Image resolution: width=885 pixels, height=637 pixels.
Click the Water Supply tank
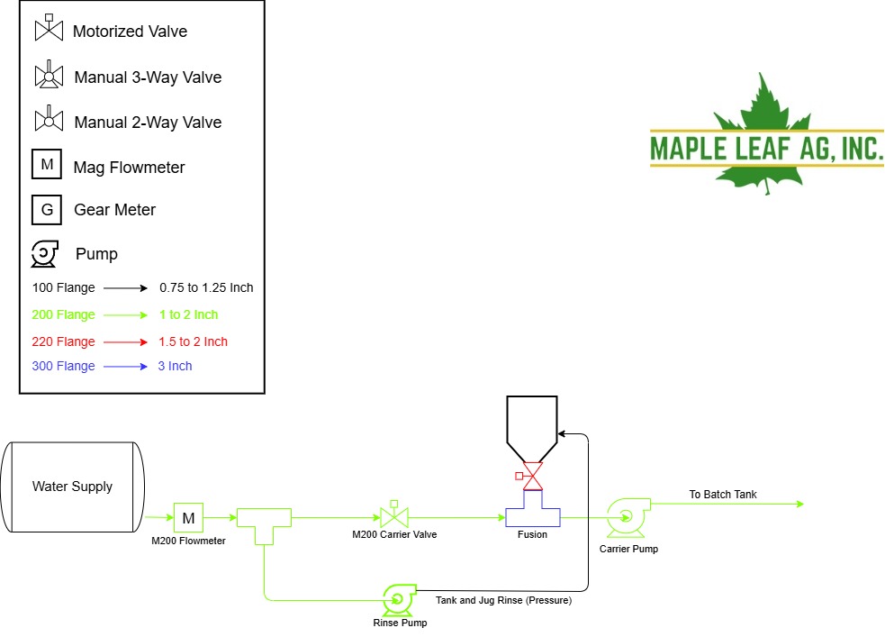tap(72, 487)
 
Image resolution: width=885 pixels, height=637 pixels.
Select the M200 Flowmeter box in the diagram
tap(188, 517)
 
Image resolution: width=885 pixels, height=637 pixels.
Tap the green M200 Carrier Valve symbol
tap(394, 515)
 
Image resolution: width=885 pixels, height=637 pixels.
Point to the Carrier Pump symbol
tap(628, 517)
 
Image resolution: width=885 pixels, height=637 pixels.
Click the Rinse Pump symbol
tap(399, 601)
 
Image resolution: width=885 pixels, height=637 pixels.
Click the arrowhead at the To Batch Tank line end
tap(799, 504)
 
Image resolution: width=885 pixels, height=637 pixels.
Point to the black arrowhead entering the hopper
tap(562, 433)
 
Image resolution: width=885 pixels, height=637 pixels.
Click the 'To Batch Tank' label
tap(722, 494)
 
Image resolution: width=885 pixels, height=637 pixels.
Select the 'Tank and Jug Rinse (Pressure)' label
tap(503, 600)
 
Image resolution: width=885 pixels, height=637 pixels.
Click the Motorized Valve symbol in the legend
tap(50, 28)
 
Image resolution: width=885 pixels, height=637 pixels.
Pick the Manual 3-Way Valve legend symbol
tap(50, 75)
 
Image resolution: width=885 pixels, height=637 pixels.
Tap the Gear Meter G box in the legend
tap(47, 210)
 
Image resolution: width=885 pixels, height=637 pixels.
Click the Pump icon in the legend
tap(45, 253)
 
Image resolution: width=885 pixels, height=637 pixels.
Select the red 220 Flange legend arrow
tap(125, 341)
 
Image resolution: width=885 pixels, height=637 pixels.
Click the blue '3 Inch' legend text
tap(175, 366)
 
